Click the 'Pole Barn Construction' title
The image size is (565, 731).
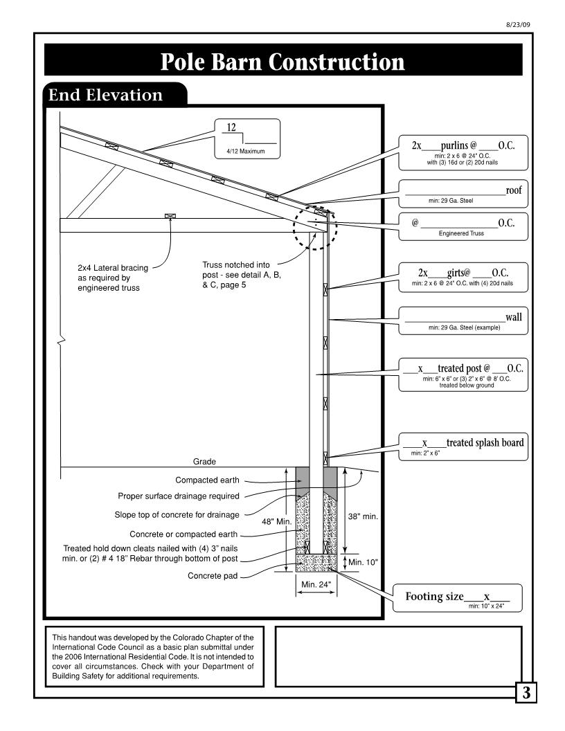[x=282, y=62]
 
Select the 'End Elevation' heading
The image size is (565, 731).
[x=105, y=95]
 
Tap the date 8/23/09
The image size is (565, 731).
[x=518, y=25]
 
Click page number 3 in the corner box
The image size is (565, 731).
[x=526, y=693]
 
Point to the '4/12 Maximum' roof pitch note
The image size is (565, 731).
[x=246, y=151]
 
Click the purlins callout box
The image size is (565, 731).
[x=463, y=153]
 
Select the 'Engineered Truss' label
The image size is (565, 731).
[x=461, y=233]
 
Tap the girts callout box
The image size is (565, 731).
[x=463, y=278]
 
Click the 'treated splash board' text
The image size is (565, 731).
[x=485, y=442]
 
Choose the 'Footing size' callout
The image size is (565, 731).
[x=457, y=598]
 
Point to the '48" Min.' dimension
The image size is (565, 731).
[x=276, y=522]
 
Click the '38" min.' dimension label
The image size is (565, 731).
[x=363, y=516]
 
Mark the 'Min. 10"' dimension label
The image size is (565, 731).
[x=363, y=562]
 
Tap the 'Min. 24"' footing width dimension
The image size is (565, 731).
[x=316, y=584]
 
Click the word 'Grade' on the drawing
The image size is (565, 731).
[x=204, y=462]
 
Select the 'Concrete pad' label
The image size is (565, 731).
[x=213, y=576]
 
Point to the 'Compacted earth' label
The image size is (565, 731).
[x=207, y=480]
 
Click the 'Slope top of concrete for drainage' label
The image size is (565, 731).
[x=177, y=515]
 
